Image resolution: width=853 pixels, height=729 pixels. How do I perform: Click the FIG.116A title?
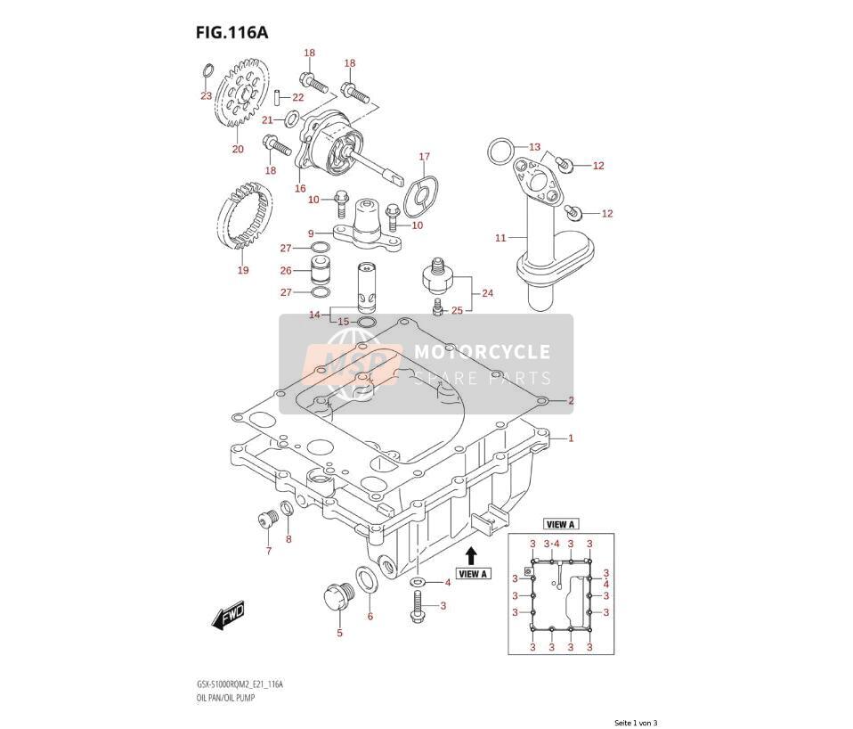pyautogui.click(x=232, y=33)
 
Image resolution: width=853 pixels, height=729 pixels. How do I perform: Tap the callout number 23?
pyautogui.click(x=206, y=96)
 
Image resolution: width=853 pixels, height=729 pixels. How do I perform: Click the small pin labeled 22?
pyautogui.click(x=277, y=96)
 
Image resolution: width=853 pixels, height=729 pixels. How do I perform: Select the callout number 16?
pyautogui.click(x=300, y=188)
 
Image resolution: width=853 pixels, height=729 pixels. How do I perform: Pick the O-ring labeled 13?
pyautogui.click(x=500, y=152)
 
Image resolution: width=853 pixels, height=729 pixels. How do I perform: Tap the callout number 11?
pyautogui.click(x=500, y=237)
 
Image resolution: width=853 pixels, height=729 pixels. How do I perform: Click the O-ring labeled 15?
pyautogui.click(x=366, y=323)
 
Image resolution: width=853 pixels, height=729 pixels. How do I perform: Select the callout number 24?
pyautogui.click(x=487, y=293)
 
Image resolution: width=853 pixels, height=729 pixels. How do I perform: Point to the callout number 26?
pyautogui.click(x=286, y=270)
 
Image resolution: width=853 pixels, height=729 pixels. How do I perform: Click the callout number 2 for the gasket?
pyautogui.click(x=571, y=401)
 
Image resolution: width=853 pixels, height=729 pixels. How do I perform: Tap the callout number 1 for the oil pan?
pyautogui.click(x=571, y=438)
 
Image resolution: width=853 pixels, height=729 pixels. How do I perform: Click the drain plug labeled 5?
pyautogui.click(x=337, y=598)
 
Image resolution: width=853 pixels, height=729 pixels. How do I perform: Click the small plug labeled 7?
pyautogui.click(x=268, y=518)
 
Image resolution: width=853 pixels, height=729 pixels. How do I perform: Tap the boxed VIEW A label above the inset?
pyautogui.click(x=560, y=524)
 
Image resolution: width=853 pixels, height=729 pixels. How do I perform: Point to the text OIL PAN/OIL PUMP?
pyautogui.click(x=225, y=698)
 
